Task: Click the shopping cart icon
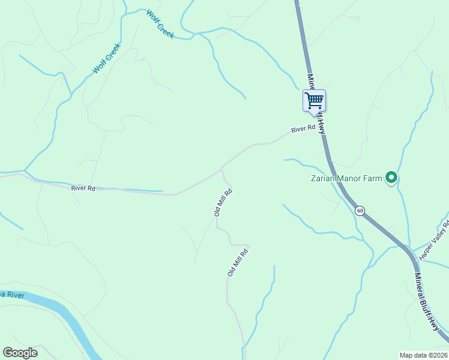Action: pos(313,100)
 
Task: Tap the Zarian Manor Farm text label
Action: pos(346,178)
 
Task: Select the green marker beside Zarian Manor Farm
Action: pos(391,177)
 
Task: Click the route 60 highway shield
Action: pos(360,211)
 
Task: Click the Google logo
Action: pos(20,353)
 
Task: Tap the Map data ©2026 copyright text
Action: pos(423,355)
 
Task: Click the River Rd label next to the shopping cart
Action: pos(303,129)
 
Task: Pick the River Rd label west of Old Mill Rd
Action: pos(83,188)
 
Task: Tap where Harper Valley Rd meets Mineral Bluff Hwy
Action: pos(412,249)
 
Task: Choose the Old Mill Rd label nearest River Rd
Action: pos(223,202)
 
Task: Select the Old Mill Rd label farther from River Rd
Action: pos(238,261)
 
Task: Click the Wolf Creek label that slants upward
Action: pos(107,59)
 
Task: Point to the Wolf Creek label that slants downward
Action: pos(160,23)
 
